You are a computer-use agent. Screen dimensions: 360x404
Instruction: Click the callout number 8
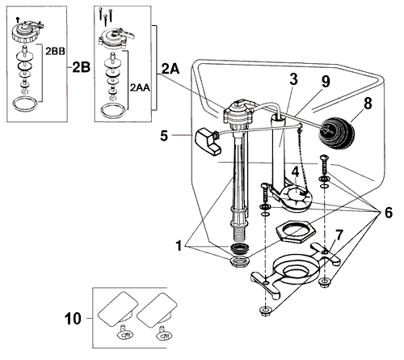[368, 104]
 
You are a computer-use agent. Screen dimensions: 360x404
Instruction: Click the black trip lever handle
[208, 141]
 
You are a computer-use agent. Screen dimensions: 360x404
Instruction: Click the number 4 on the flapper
[296, 172]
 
